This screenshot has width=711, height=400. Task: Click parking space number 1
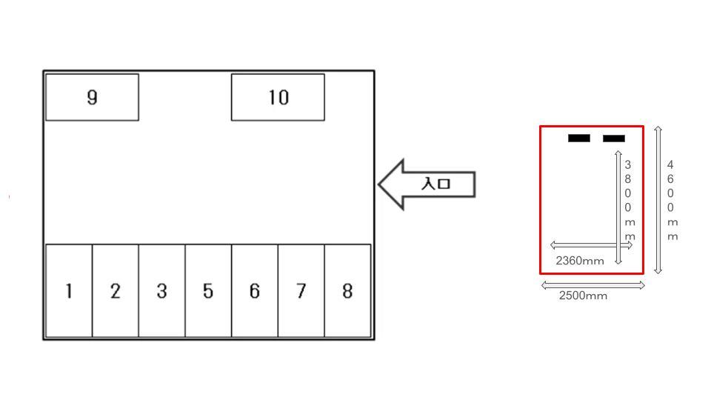[69, 291]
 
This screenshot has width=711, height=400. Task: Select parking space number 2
[116, 291]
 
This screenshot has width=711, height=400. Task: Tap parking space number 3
[161, 291]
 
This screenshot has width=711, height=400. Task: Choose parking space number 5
[208, 291]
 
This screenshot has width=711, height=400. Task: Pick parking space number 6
[254, 291]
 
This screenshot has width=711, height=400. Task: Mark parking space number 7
[301, 291]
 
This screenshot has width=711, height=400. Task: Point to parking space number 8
[347, 291]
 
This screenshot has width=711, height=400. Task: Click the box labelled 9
[92, 97]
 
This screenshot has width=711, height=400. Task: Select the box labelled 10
[278, 97]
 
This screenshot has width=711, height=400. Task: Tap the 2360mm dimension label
[580, 261]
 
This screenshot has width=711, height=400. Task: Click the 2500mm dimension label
[583, 296]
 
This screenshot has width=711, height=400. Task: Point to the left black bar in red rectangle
[579, 138]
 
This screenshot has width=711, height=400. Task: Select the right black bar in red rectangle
[614, 138]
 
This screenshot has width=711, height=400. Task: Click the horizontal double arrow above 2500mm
[593, 285]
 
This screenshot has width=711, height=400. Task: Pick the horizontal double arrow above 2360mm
[590, 245]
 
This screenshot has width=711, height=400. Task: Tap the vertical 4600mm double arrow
[658, 200]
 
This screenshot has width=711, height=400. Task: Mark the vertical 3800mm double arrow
[618, 207]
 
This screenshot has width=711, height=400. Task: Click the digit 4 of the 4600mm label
[670, 164]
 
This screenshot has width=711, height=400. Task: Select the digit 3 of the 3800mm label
[628, 164]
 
